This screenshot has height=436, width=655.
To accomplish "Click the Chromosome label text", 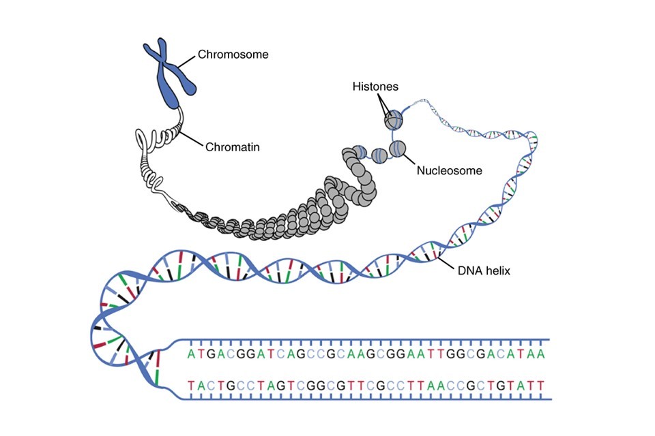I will tap(233, 54).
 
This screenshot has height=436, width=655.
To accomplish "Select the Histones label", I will tap(375, 87).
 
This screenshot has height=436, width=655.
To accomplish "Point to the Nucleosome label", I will tap(449, 170).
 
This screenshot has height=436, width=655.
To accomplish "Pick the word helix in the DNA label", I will tap(496, 270).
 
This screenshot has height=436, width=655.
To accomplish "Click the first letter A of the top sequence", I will tap(192, 354).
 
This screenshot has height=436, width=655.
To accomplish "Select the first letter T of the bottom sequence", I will tap(192, 386).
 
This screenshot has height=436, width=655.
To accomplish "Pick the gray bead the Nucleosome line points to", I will tap(397, 148).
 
